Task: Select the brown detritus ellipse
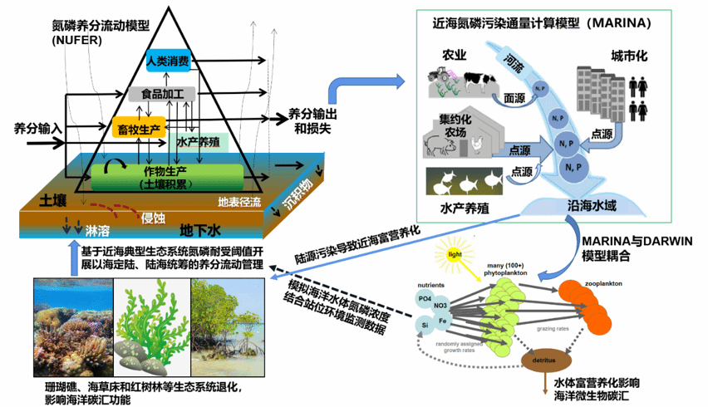544,360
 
